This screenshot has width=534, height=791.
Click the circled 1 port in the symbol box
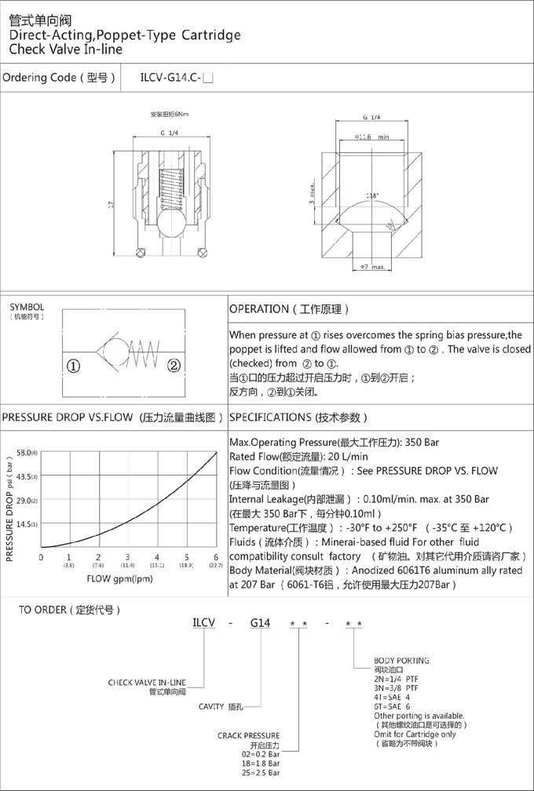(72, 365)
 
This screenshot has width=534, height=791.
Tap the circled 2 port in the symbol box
(174, 365)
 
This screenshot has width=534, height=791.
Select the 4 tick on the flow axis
(157, 557)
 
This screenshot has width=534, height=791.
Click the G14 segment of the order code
(260, 623)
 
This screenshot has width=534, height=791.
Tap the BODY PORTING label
(401, 661)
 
